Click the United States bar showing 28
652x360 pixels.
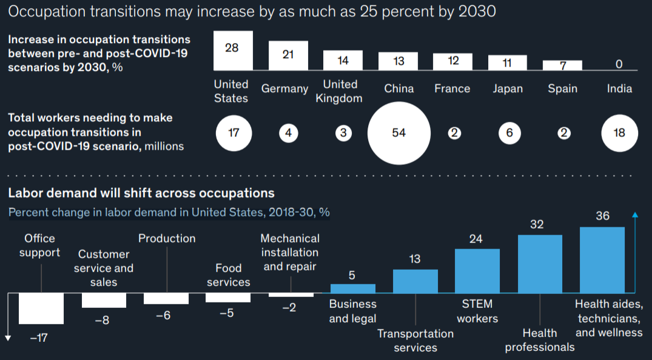coord(233,51)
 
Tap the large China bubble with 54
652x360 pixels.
coord(398,133)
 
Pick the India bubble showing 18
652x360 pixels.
coord(619,133)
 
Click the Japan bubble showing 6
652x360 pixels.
coord(509,133)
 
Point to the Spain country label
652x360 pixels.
coord(562,88)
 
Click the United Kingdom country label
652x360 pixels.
coord(340,91)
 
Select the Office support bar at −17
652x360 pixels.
coord(41,308)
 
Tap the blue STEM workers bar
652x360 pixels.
coord(477,271)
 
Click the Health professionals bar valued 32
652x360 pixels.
coord(540,264)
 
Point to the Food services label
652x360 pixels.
coord(228,275)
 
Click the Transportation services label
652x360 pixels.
coord(415,341)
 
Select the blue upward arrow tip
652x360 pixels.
coord(635,215)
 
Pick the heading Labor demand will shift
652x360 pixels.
coord(141,193)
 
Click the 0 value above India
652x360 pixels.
coord(619,64)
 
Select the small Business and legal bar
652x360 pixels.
coord(352,288)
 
